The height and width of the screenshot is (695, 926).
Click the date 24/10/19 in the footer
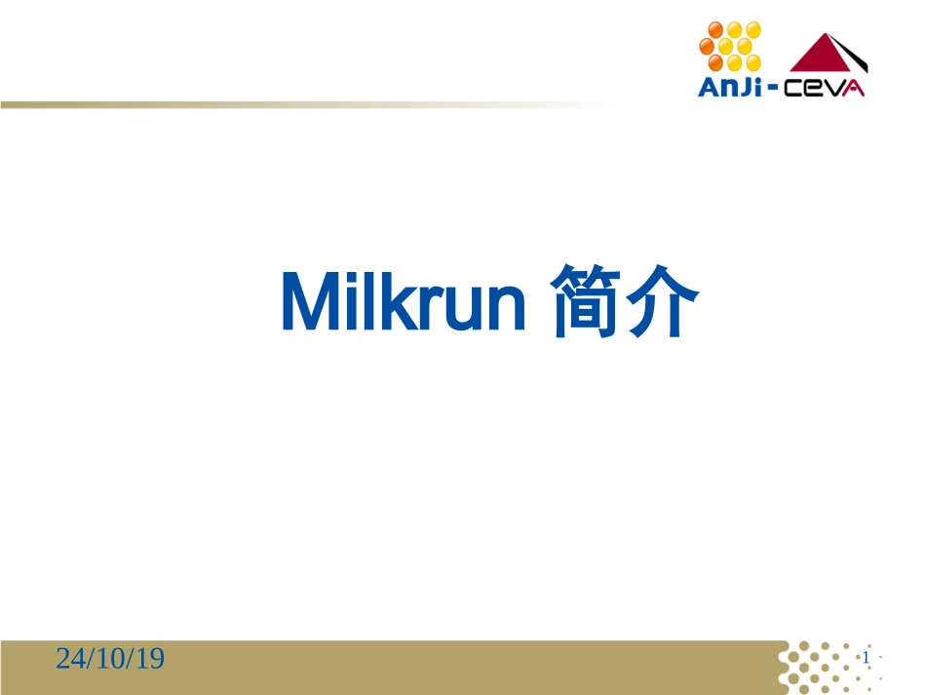[110, 660]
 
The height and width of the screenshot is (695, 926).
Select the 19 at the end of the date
[150, 660]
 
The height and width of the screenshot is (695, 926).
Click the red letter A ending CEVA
[855, 88]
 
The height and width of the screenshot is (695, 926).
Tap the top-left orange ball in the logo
[714, 28]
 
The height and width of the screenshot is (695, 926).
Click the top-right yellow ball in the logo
[752, 28]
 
